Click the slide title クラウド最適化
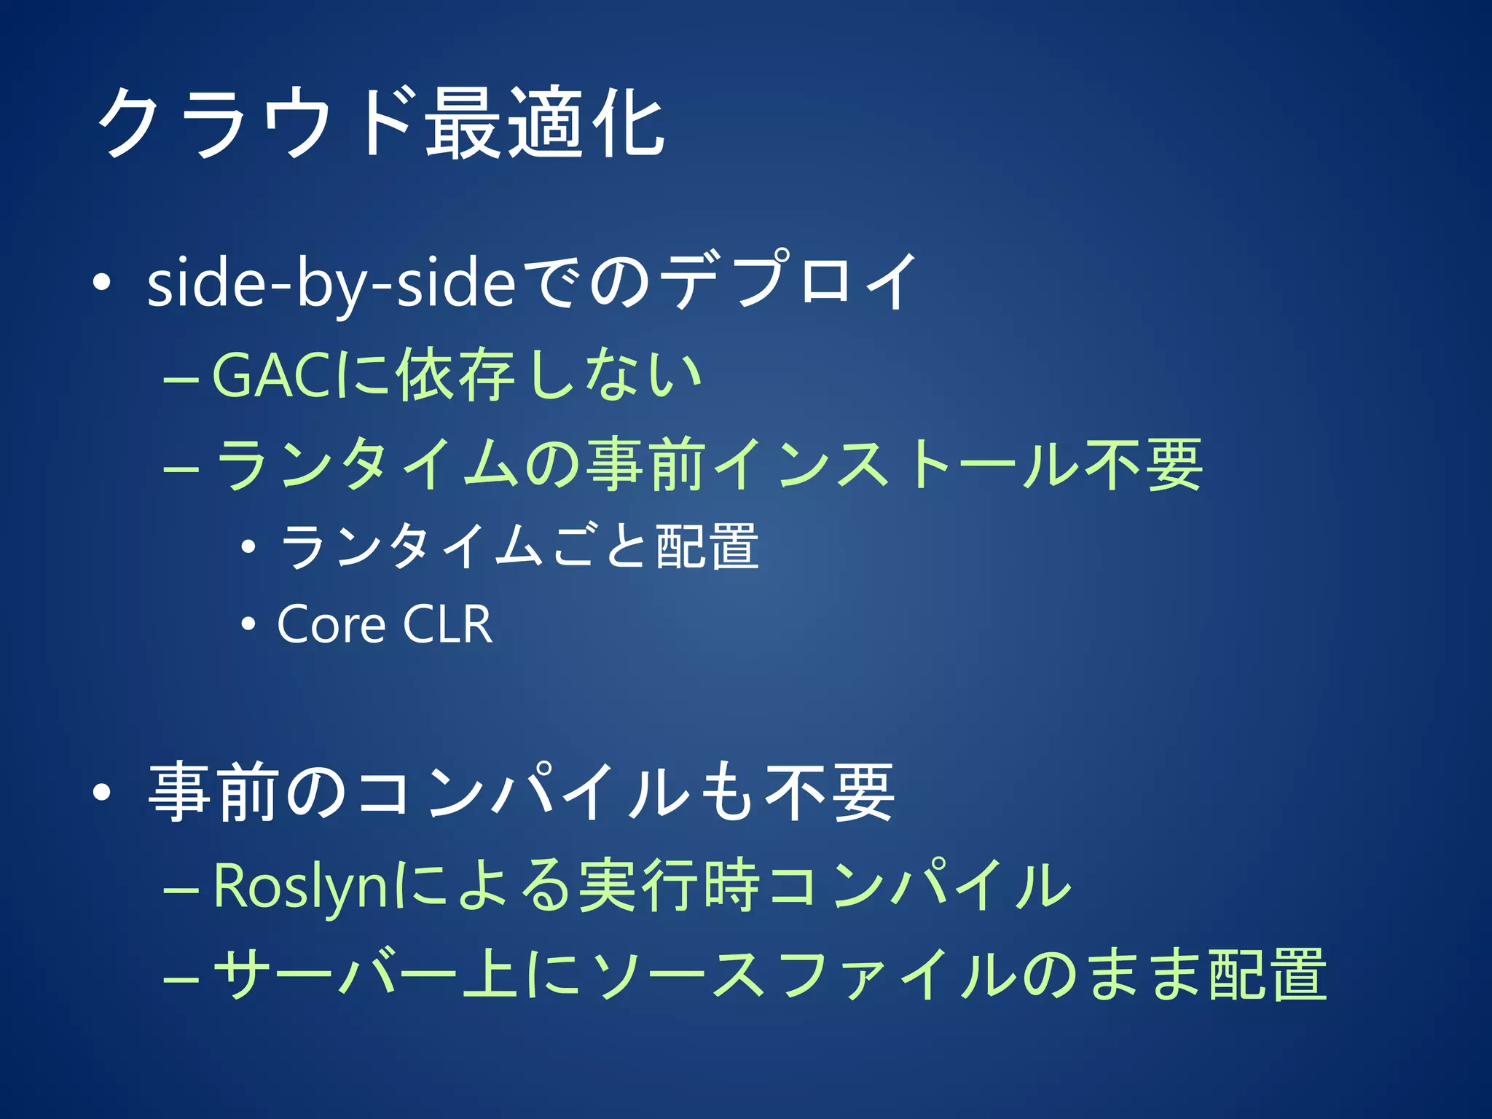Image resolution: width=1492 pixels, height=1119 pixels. (x=380, y=122)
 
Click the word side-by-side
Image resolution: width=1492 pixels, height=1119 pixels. (x=331, y=284)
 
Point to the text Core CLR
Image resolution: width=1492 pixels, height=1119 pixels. (x=385, y=624)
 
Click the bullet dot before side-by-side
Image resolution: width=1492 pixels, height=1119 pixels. (x=102, y=283)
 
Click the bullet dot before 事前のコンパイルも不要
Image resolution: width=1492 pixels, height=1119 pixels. (x=102, y=793)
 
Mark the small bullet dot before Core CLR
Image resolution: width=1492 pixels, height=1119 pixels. (x=248, y=624)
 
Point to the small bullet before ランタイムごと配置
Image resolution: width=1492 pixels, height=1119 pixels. (x=248, y=546)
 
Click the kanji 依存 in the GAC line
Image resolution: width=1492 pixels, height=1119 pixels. (x=455, y=376)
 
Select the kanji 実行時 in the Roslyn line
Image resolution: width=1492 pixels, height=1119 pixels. (x=669, y=887)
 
